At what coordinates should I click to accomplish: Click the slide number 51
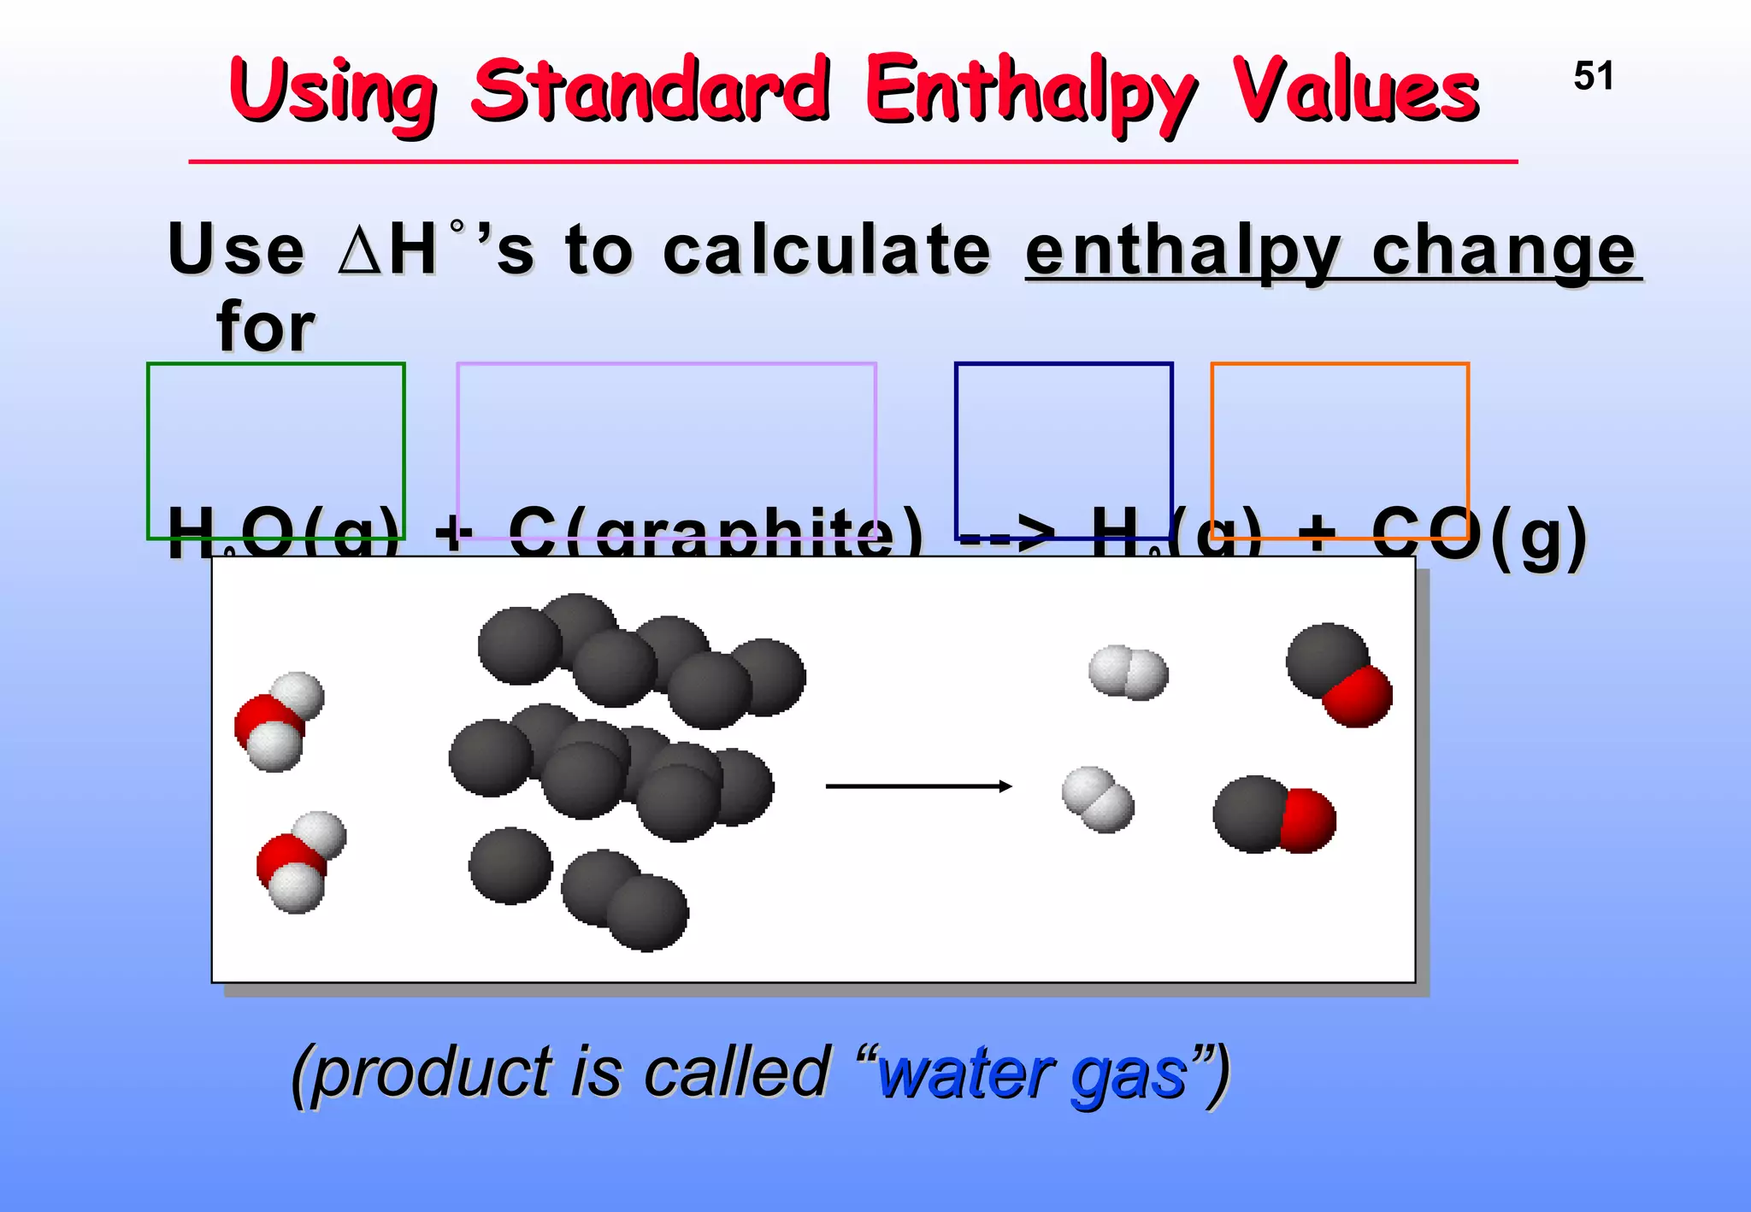pyautogui.click(x=1594, y=76)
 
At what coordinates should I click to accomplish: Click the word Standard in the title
pyautogui.click(x=650, y=90)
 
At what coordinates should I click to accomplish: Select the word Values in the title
pyautogui.click(x=1355, y=90)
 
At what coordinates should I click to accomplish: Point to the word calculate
pyautogui.click(x=827, y=250)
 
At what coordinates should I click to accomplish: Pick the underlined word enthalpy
pyautogui.click(x=1183, y=251)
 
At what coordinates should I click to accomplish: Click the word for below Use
pyautogui.click(x=265, y=327)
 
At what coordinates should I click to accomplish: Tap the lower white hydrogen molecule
pyautogui.click(x=1098, y=799)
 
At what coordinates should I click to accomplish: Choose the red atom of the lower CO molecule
pyautogui.click(x=1306, y=821)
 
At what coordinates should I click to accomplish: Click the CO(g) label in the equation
pyautogui.click(x=1479, y=537)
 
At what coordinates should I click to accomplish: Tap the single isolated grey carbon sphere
pyautogui.click(x=510, y=865)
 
